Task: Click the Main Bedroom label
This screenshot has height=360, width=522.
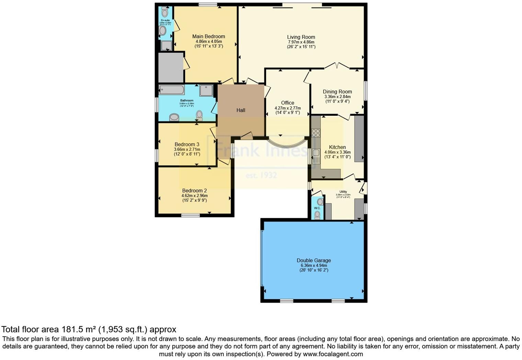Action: [x=208, y=36]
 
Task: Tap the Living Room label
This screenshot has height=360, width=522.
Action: [x=301, y=37]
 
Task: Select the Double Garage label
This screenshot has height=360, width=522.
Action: [x=314, y=260]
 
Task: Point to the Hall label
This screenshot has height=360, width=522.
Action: [x=241, y=110]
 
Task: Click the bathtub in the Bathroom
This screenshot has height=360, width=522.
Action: [x=172, y=90]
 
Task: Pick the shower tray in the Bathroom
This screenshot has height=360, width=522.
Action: [x=206, y=90]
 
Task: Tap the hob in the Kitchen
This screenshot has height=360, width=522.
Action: [x=316, y=133]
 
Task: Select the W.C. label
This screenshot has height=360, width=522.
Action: [x=317, y=208]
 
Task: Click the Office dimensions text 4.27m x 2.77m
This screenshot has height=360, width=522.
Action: [x=287, y=108]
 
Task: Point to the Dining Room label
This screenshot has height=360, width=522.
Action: [x=337, y=92]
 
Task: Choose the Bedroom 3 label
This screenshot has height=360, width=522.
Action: [x=187, y=145]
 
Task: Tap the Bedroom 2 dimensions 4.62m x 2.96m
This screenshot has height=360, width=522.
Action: [x=194, y=196]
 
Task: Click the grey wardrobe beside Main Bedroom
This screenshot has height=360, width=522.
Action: [x=171, y=67]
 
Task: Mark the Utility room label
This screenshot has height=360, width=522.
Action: [x=343, y=192]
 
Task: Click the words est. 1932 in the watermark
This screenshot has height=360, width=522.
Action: [x=261, y=176]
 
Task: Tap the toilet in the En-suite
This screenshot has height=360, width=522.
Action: [x=164, y=13]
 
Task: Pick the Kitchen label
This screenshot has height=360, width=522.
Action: [x=337, y=147]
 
